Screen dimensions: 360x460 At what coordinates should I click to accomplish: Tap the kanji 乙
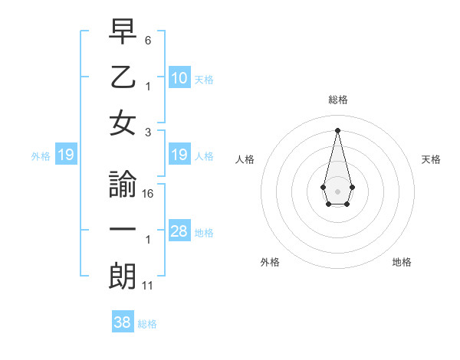[x=123, y=78]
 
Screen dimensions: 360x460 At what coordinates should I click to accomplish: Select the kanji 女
[x=123, y=123]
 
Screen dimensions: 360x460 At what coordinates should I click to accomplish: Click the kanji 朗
[x=123, y=276]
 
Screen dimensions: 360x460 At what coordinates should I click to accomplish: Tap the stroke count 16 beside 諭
[x=148, y=193]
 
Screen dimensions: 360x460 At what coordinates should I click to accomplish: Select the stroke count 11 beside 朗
[x=148, y=285]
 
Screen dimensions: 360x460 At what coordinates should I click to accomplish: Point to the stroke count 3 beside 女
[x=148, y=132]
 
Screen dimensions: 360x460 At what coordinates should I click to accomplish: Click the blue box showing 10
[x=179, y=78]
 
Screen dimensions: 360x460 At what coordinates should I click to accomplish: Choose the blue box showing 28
[x=179, y=231]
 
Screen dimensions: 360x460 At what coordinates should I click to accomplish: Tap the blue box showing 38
[x=123, y=322]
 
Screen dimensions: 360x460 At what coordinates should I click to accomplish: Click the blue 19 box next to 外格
[x=66, y=155]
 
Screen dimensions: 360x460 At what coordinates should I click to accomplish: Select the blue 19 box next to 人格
[x=179, y=155]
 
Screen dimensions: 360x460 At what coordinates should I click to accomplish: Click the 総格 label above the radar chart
[x=338, y=100]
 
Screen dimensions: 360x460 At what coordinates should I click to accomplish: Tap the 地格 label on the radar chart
[x=402, y=262]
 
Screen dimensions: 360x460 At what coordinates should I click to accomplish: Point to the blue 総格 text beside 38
[x=147, y=324]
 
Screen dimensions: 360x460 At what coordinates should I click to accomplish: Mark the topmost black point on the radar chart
[x=337, y=129]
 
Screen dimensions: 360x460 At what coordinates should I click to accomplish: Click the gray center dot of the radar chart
[x=337, y=190]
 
